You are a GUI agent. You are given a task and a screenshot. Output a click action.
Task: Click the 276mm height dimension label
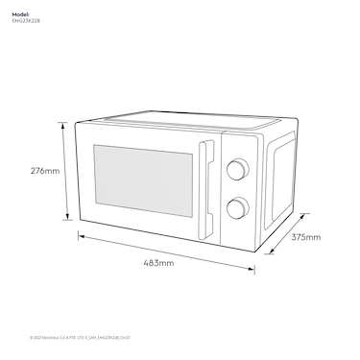[x=45, y=171]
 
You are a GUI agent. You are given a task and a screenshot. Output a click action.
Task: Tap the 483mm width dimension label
[x=158, y=261]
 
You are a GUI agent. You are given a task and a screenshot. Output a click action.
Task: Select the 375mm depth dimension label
[x=306, y=236]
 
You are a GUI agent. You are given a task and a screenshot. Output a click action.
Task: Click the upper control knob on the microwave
[x=234, y=169]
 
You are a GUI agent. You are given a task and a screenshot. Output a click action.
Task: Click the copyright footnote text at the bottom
[x=74, y=337]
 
